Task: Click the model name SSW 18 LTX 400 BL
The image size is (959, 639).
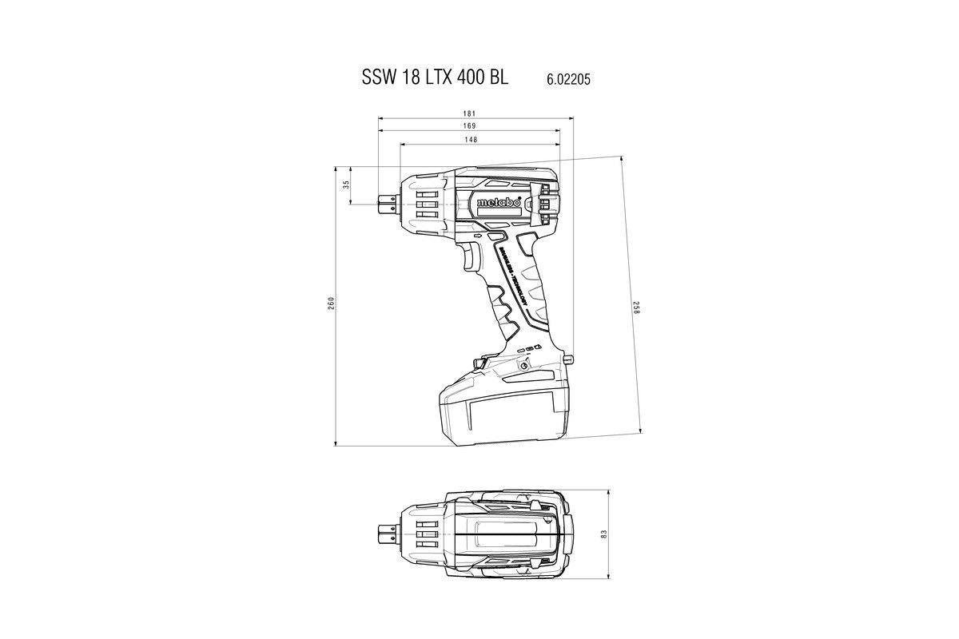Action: pos(435,79)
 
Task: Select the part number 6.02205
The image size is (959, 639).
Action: pos(568,80)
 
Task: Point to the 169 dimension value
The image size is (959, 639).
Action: pos(468,126)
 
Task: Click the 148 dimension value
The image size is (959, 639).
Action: pos(471,140)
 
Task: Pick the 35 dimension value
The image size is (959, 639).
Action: pos(346,185)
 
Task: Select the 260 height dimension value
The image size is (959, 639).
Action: pos(330,304)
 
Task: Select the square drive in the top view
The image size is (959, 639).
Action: pos(386,533)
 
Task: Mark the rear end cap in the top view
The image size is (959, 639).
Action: pos(570,533)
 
